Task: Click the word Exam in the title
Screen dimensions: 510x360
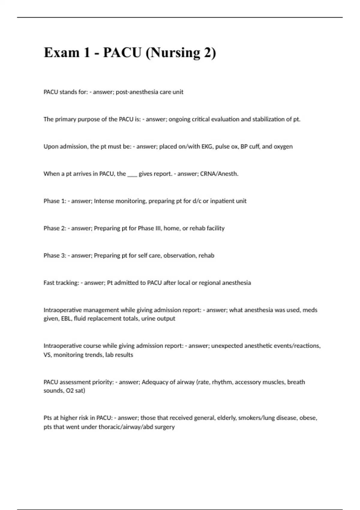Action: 61,53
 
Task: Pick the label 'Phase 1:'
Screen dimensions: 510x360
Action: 55,201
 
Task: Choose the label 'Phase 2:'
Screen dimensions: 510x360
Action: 55,229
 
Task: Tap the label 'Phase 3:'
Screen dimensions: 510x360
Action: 55,256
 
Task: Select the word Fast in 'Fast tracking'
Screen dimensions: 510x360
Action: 49,283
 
